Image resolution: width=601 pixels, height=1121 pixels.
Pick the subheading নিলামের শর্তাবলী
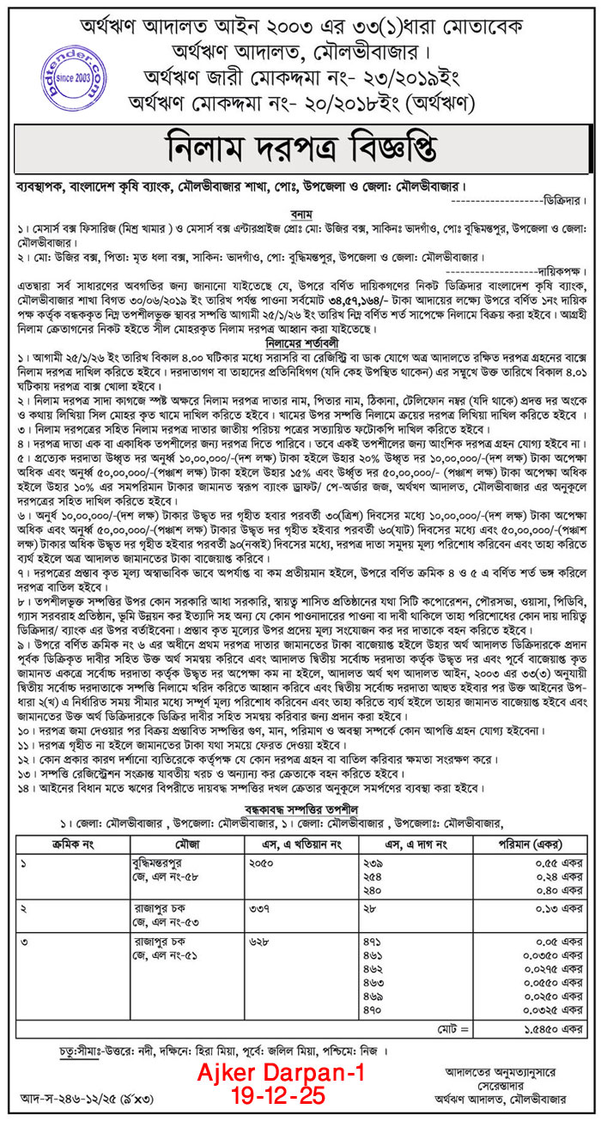point(300,342)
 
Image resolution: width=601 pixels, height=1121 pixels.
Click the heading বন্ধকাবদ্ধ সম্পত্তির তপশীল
point(300,809)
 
